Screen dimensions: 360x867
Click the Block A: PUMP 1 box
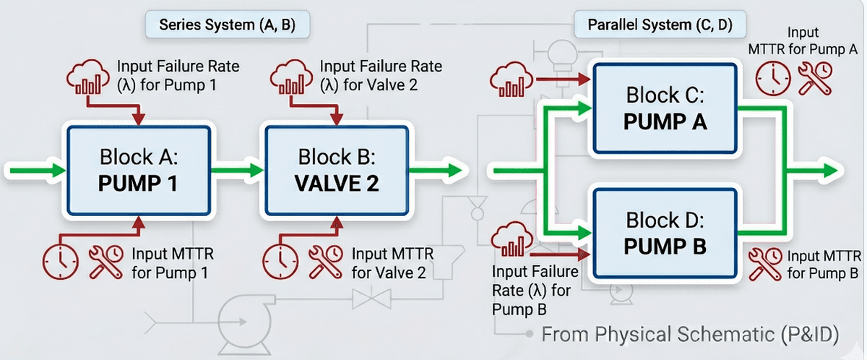(x=139, y=171)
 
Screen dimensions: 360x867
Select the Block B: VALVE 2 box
(x=336, y=171)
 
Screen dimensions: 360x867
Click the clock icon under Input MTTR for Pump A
(x=772, y=77)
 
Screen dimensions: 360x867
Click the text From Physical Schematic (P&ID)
(x=689, y=335)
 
